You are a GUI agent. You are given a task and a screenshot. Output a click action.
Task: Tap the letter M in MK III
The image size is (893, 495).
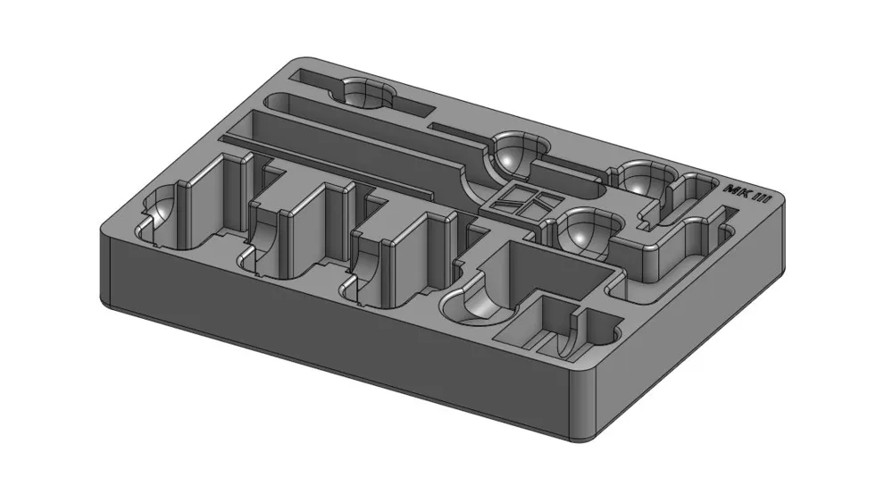click(x=732, y=189)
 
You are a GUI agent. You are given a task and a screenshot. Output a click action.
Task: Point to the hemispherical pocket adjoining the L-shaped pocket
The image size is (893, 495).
click(x=586, y=229)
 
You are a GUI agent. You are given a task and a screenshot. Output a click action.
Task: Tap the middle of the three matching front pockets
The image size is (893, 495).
click(x=296, y=233)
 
